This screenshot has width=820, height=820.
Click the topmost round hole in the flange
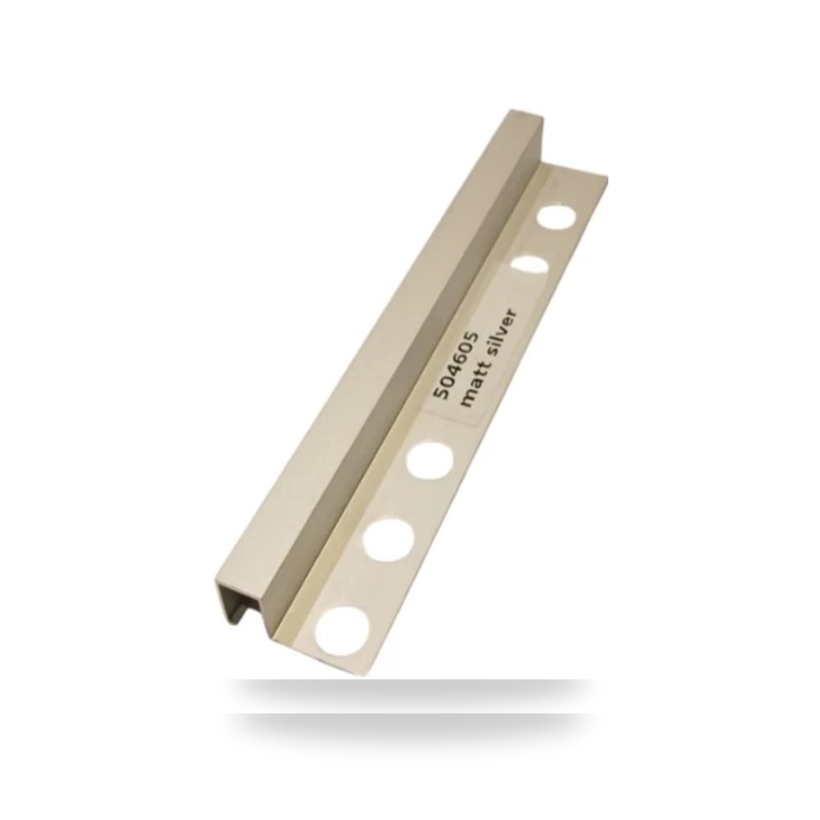click(x=558, y=217)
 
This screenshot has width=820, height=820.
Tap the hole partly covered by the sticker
click(x=529, y=265)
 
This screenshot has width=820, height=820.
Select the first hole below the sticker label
click(x=430, y=460)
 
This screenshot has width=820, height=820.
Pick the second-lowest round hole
click(x=388, y=538)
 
